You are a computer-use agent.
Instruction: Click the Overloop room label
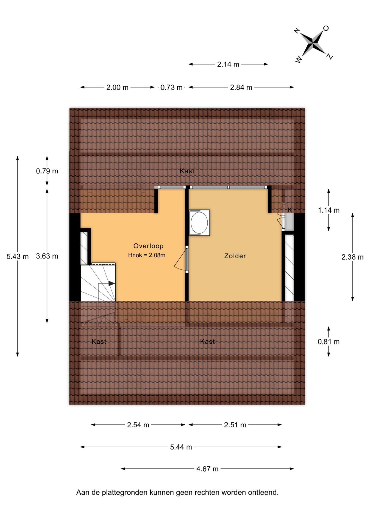(x=148, y=246)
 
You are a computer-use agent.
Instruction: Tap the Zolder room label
(x=235, y=256)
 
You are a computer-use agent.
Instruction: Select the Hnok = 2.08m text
(x=147, y=255)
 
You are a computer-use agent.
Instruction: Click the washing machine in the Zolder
(x=199, y=223)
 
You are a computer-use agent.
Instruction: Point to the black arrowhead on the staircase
(x=112, y=284)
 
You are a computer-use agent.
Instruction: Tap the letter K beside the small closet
(x=290, y=210)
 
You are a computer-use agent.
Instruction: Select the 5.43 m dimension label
(x=18, y=256)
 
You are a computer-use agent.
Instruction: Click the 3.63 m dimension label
(x=47, y=256)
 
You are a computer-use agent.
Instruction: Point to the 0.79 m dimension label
(x=47, y=171)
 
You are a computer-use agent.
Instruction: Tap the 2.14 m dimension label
(x=228, y=64)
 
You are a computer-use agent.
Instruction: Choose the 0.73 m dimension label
(x=171, y=88)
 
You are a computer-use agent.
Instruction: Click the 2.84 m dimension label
(x=241, y=88)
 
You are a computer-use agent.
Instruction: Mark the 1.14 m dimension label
(x=329, y=210)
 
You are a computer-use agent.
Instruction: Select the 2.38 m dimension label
(x=353, y=257)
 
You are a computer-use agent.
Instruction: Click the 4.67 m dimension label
(x=207, y=469)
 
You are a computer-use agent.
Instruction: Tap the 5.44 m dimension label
(x=181, y=447)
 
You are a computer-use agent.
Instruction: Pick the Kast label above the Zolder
(x=187, y=171)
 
